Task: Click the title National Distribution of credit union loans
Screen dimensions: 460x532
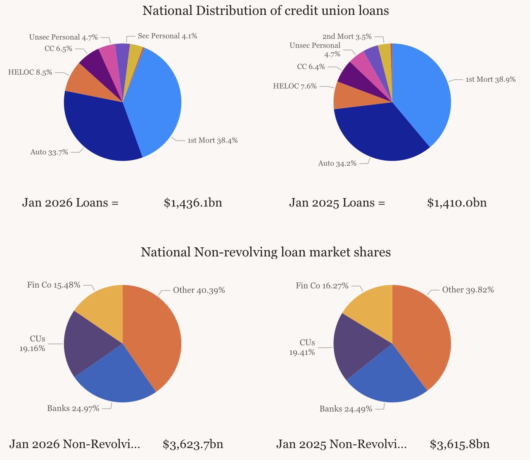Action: tap(266, 11)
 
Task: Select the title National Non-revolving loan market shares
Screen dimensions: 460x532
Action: tap(266, 252)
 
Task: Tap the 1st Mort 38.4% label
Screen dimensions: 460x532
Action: tap(212, 140)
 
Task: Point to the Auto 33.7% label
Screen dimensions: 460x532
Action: tap(49, 152)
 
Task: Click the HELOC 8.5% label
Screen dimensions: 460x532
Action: tap(30, 72)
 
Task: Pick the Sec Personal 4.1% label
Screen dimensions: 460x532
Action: tap(167, 36)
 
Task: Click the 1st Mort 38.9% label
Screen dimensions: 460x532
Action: tap(490, 80)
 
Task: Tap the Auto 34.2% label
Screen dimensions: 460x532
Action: tap(337, 164)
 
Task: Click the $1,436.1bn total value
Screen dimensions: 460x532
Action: tap(193, 203)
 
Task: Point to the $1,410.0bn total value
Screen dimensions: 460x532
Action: tap(457, 203)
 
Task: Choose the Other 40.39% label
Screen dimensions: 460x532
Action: tap(199, 290)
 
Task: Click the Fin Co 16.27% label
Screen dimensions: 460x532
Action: tap(322, 286)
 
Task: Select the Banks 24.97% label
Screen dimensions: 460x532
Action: tap(73, 409)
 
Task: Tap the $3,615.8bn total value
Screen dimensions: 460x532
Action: tap(460, 444)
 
